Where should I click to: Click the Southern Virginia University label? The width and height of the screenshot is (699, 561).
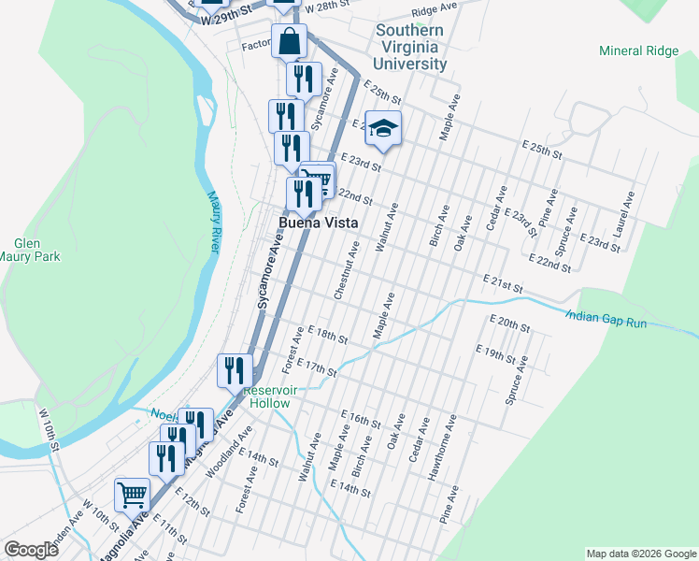click(410, 48)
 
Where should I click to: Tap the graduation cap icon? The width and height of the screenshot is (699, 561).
click(382, 128)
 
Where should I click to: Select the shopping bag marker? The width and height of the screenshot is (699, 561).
click(290, 41)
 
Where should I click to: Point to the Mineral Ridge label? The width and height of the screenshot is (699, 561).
click(638, 50)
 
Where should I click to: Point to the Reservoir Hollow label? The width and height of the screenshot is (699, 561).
click(266, 396)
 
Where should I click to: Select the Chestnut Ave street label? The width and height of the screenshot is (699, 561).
click(345, 271)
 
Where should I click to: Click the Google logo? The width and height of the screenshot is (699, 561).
click(32, 550)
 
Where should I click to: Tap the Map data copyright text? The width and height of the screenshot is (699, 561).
click(640, 554)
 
